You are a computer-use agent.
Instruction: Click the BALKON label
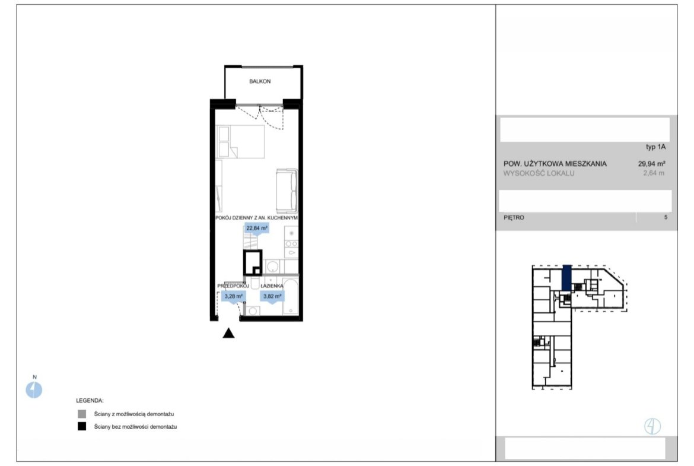[x=260, y=81]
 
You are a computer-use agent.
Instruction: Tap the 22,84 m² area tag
[x=257, y=229]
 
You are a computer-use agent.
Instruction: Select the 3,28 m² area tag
[x=233, y=296]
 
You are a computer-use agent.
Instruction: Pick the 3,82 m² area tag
[x=272, y=296]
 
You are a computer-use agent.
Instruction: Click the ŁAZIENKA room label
[x=272, y=286]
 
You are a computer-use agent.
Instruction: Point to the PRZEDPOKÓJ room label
[x=233, y=286]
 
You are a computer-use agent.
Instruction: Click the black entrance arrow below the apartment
[x=228, y=333]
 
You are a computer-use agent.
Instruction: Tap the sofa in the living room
[x=287, y=191]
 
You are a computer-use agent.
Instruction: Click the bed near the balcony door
[x=240, y=142]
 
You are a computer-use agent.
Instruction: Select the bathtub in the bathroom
[x=290, y=296]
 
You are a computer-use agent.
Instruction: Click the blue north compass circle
[x=34, y=390]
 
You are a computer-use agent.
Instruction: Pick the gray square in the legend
[x=82, y=414]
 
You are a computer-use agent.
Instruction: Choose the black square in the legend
[x=82, y=427]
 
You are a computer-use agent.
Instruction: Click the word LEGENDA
[x=90, y=401]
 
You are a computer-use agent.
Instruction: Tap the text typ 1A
[x=655, y=147]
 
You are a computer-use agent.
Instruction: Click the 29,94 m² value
[x=651, y=164]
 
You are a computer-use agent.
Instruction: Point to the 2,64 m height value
[x=654, y=173]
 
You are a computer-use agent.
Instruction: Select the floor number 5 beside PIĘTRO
[x=666, y=217]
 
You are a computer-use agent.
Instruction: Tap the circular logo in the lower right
[x=652, y=426]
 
